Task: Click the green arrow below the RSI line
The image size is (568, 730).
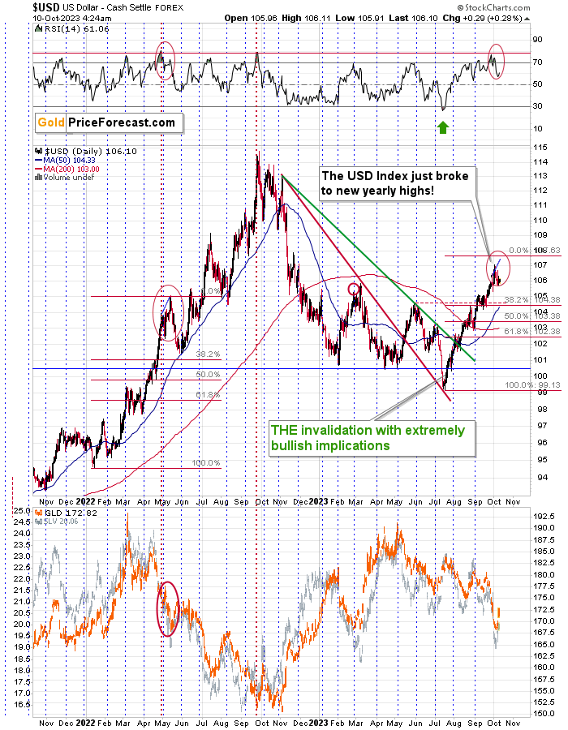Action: (x=442, y=127)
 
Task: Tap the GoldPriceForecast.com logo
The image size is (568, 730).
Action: (x=105, y=122)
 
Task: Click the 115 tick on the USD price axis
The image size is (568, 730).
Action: (x=536, y=145)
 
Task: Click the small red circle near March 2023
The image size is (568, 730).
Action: (x=353, y=289)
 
